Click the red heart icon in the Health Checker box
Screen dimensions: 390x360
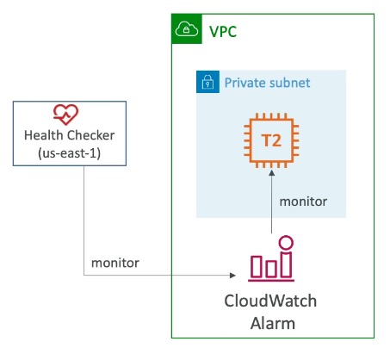[65, 115]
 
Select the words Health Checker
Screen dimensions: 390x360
[70, 135]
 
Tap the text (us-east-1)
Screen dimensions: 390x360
[70, 153]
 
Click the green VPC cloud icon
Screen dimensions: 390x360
[187, 28]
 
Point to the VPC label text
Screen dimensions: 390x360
[223, 32]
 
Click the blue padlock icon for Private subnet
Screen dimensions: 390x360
[207, 82]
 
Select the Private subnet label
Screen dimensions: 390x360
[267, 83]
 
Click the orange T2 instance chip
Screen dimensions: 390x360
[271, 140]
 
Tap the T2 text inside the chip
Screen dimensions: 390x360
[271, 140]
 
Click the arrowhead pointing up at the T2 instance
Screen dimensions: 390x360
[271, 172]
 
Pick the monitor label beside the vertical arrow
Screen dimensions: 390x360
[303, 202]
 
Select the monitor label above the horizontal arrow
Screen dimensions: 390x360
[115, 263]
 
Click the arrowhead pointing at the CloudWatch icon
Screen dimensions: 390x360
[232, 276]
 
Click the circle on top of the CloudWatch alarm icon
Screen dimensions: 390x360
[286, 243]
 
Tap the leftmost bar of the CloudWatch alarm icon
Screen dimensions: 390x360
[257, 267]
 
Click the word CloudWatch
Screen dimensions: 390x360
[270, 301]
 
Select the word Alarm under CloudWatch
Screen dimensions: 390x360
[273, 323]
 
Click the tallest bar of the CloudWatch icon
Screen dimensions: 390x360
[286, 264]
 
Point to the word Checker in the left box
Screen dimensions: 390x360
[91, 135]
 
